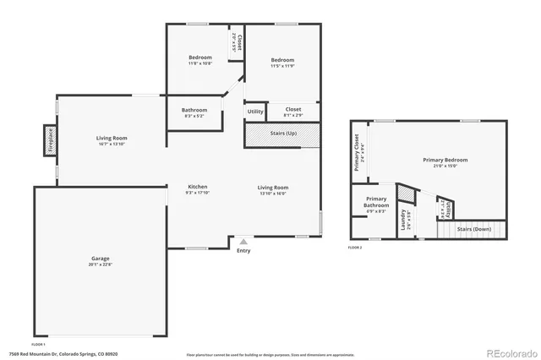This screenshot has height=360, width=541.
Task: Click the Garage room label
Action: tap(101, 261)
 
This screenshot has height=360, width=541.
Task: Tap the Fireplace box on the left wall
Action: tap(50, 140)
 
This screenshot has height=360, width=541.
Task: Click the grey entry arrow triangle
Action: tap(243, 242)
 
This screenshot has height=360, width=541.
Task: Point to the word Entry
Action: tap(243, 250)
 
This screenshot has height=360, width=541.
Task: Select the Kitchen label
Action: tap(197, 189)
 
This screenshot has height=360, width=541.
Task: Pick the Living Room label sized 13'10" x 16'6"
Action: tap(272, 189)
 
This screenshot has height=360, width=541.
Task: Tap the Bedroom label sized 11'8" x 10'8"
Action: tap(199, 59)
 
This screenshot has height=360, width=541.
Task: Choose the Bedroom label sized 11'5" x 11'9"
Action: tap(282, 62)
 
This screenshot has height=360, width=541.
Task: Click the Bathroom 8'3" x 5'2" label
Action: tap(194, 112)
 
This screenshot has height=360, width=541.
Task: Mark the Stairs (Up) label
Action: tap(282, 134)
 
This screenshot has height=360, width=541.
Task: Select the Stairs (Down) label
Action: tap(474, 229)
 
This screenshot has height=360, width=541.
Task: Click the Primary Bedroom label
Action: tap(445, 162)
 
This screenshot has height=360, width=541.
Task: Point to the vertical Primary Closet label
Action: tap(358, 152)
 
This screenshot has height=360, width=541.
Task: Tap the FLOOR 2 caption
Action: tap(355, 248)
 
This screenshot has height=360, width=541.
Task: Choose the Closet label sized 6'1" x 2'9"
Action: tap(293, 111)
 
